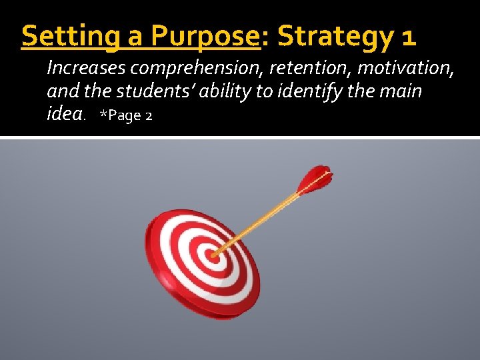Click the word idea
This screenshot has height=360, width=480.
click(x=65, y=114)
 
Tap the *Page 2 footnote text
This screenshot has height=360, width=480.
click(x=126, y=115)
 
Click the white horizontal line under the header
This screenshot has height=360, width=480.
click(x=240, y=137)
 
